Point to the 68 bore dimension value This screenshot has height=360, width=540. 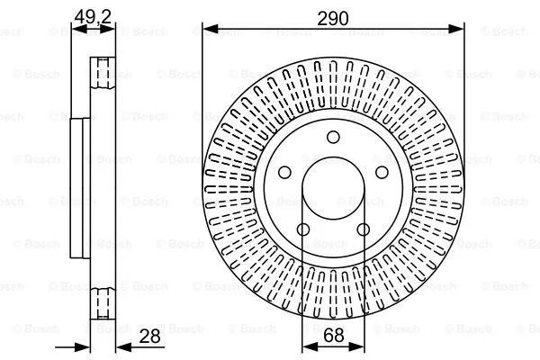(334, 335)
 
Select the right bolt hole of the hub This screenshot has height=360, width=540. (382, 172)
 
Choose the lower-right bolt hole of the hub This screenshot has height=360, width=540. (364, 229)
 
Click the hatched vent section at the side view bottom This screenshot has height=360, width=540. (103, 302)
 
